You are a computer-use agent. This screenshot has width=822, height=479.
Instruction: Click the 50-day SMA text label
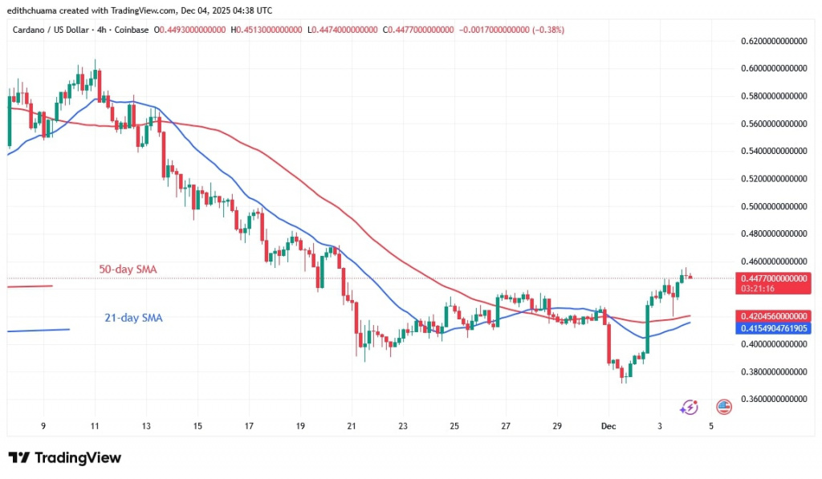tap(127, 270)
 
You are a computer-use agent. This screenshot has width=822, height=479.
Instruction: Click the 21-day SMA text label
tap(133, 318)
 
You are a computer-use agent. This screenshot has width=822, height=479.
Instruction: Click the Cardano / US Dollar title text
tap(51, 30)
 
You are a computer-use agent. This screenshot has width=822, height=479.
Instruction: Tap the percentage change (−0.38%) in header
tap(543, 30)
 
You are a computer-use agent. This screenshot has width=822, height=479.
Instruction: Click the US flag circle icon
tap(723, 408)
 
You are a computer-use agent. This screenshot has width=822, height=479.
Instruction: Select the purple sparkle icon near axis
tap(688, 408)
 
